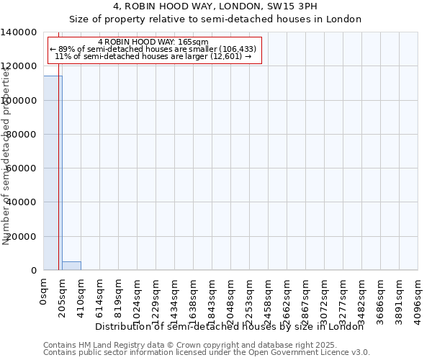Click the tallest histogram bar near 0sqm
[53, 173]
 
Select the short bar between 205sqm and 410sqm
[71, 266]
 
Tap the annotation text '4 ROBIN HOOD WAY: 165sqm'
[153, 42]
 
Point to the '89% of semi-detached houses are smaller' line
[153, 49]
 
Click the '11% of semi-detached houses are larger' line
[153, 56]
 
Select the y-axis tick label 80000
[22, 135]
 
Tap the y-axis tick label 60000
[22, 168]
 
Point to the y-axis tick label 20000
[22, 236]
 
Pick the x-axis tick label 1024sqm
[138, 298]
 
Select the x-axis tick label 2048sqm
[231, 298]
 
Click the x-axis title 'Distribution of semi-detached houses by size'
[230, 326]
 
